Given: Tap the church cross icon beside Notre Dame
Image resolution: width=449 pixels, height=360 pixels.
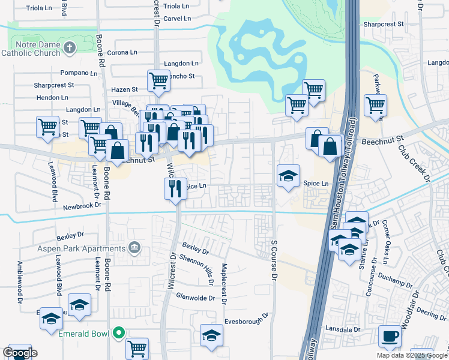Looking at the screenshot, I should tap(70, 47).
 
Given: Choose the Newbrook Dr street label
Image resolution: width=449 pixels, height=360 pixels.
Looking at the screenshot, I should tap(83, 207).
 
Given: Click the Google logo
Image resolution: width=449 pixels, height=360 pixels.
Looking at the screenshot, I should tap(20, 353).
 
